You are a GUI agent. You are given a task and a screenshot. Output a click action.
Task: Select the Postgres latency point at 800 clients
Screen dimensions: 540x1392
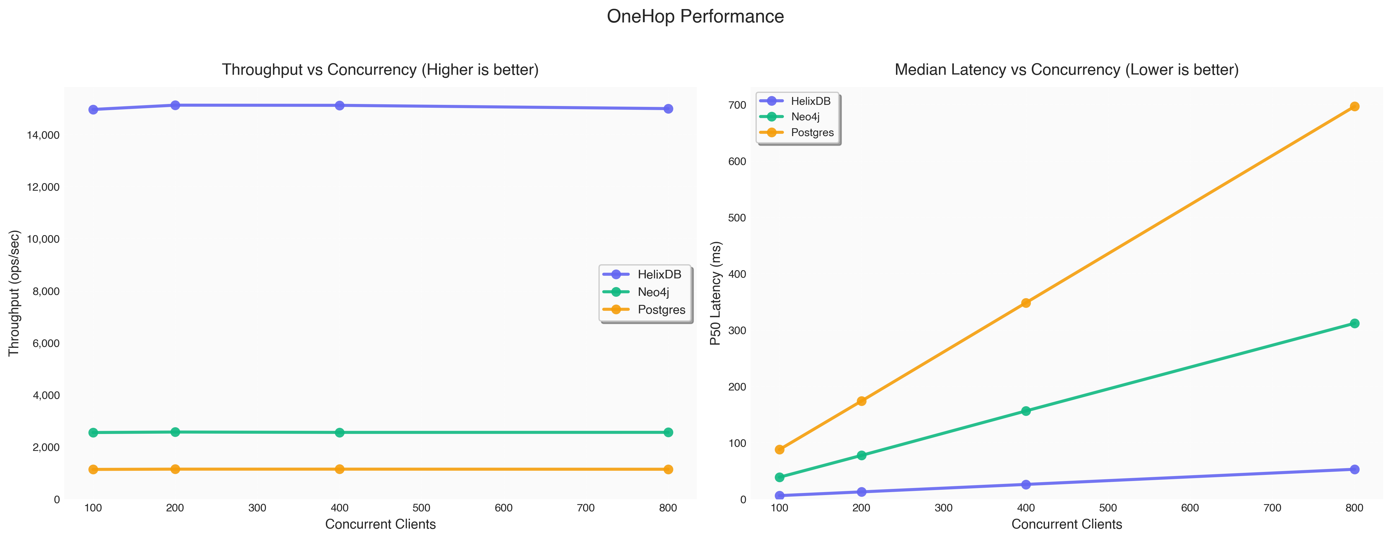point(1354,107)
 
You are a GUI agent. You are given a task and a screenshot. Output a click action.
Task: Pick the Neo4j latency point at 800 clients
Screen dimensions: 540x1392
point(1354,323)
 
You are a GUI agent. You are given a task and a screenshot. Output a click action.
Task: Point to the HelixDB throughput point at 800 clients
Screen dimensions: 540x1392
point(668,109)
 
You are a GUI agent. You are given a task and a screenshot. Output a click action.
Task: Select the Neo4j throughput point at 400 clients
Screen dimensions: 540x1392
point(339,433)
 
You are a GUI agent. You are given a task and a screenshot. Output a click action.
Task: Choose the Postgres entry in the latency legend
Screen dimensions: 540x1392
point(812,132)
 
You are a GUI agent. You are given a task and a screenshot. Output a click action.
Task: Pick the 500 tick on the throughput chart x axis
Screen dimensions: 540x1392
point(422,508)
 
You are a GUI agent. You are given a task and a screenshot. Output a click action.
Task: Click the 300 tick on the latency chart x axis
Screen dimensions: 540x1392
point(944,508)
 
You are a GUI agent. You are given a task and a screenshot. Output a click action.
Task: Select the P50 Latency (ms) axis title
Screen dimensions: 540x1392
point(716,293)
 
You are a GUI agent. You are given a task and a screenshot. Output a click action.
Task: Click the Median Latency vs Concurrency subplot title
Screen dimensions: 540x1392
point(1066,70)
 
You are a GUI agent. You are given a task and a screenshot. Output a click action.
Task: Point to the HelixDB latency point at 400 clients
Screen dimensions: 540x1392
point(1026,484)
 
